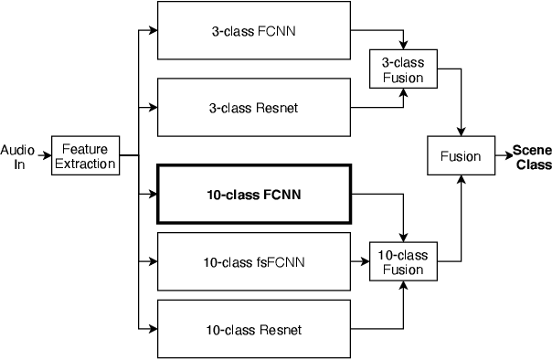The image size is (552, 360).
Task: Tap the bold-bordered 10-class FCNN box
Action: click(253, 194)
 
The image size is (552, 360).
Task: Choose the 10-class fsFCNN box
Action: click(253, 263)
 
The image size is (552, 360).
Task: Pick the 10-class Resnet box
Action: click(253, 329)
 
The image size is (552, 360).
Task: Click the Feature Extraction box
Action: click(84, 156)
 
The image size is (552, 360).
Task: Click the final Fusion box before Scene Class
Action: click(461, 156)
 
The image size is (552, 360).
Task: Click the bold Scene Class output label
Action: click(531, 157)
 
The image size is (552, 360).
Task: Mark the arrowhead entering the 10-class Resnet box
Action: click(153, 329)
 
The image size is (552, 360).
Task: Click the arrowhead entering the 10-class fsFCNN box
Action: click(153, 263)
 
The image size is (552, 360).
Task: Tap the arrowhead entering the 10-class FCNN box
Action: click(153, 194)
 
